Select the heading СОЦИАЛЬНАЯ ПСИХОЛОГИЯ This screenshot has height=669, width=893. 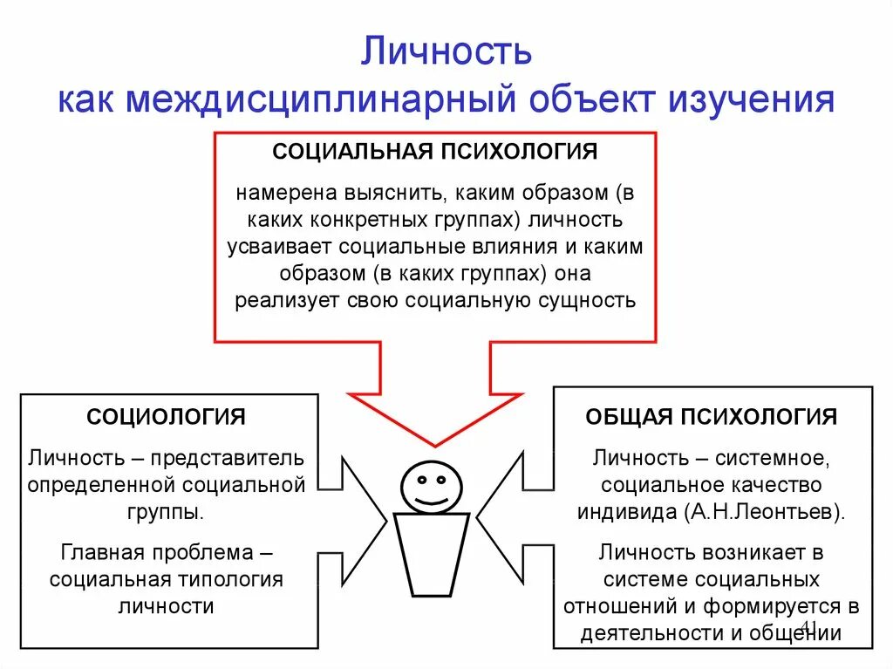pyautogui.click(x=434, y=152)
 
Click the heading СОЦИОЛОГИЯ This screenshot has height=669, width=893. pyautogui.click(x=166, y=416)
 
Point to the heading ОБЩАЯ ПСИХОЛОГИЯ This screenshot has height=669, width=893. pyautogui.click(x=711, y=416)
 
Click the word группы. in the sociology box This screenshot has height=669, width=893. pyautogui.click(x=166, y=511)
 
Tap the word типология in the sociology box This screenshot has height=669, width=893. pyautogui.click(x=235, y=579)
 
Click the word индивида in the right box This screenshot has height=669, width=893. pyautogui.click(x=627, y=511)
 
